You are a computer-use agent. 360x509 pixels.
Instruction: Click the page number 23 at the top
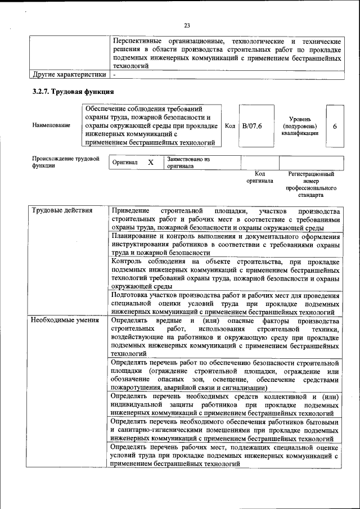pyautogui.click(x=187, y=25)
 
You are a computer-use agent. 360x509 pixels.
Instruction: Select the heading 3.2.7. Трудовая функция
pyautogui.click(x=73, y=92)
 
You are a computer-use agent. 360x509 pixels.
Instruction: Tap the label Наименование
pyautogui.click(x=51, y=125)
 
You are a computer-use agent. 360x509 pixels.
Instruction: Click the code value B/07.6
pyautogui.click(x=251, y=125)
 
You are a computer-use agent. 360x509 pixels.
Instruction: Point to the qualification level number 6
pyautogui.click(x=335, y=126)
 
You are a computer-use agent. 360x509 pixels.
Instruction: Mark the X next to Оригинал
pyautogui.click(x=150, y=163)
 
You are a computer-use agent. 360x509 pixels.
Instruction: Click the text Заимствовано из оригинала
pyautogui.click(x=188, y=163)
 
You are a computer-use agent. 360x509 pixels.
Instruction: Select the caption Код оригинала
pyautogui.click(x=259, y=178)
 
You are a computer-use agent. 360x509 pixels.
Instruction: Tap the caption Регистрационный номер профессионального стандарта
pyautogui.click(x=311, y=185)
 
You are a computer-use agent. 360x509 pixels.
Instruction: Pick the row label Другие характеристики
pyautogui.click(x=69, y=74)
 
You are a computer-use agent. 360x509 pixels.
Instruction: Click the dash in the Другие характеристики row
pyautogui.click(x=114, y=74)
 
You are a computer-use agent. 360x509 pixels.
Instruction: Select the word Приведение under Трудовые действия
pyautogui.click(x=130, y=211)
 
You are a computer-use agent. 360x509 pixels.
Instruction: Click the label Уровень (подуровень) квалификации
pyautogui.click(x=303, y=126)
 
